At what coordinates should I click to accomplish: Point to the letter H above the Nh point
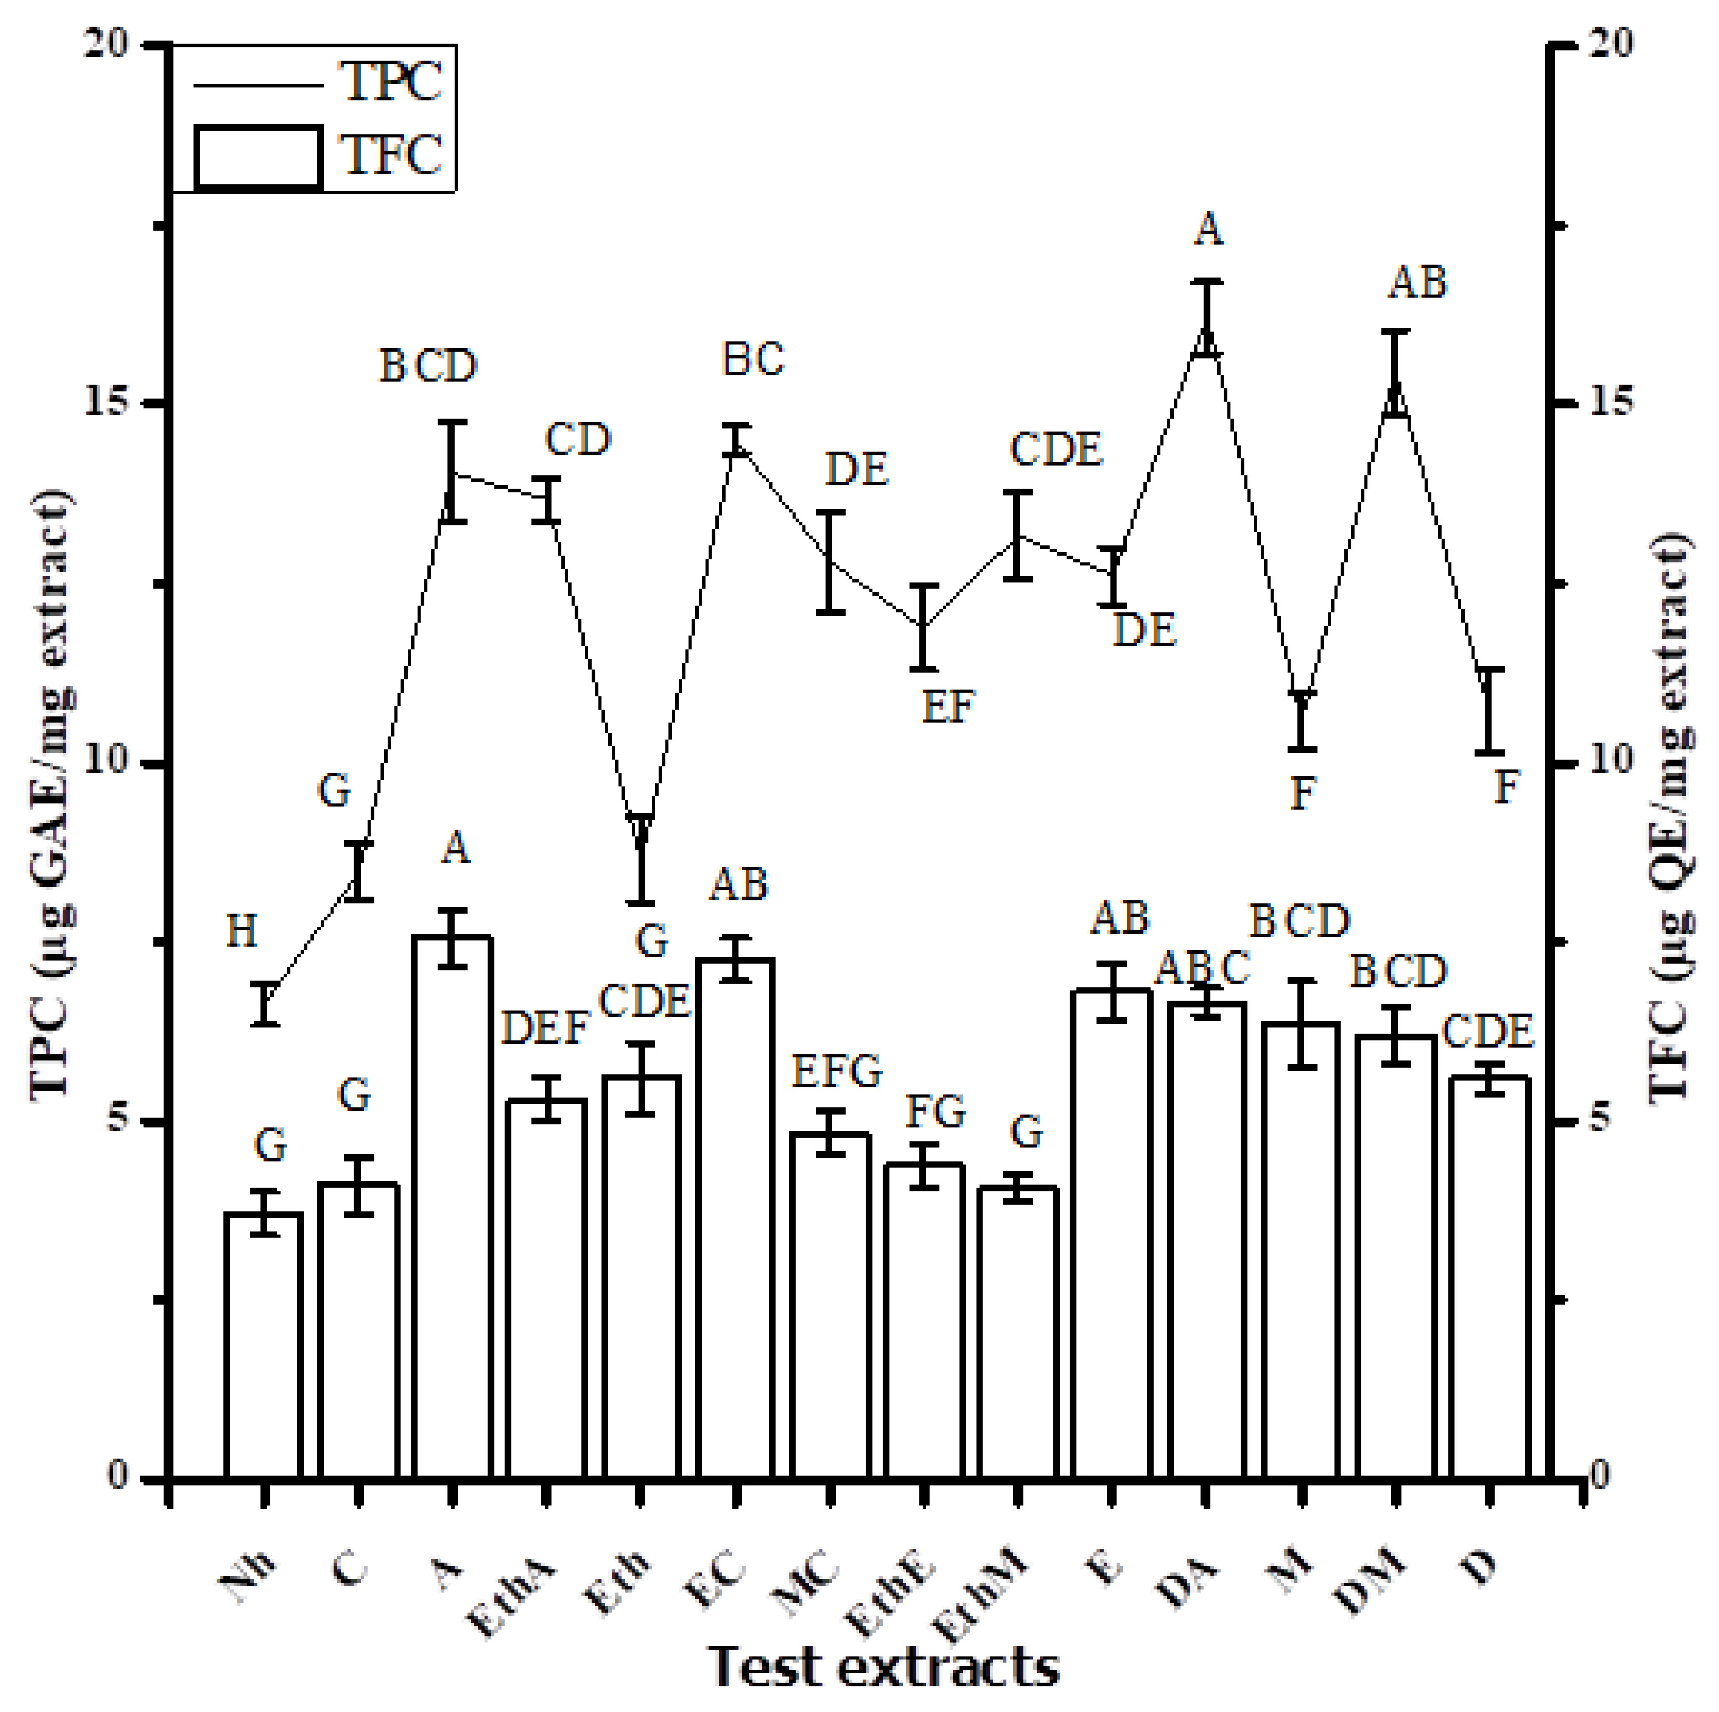[242, 932]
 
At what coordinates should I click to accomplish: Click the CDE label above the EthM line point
[1055, 449]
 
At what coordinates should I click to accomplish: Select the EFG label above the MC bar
[836, 1072]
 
